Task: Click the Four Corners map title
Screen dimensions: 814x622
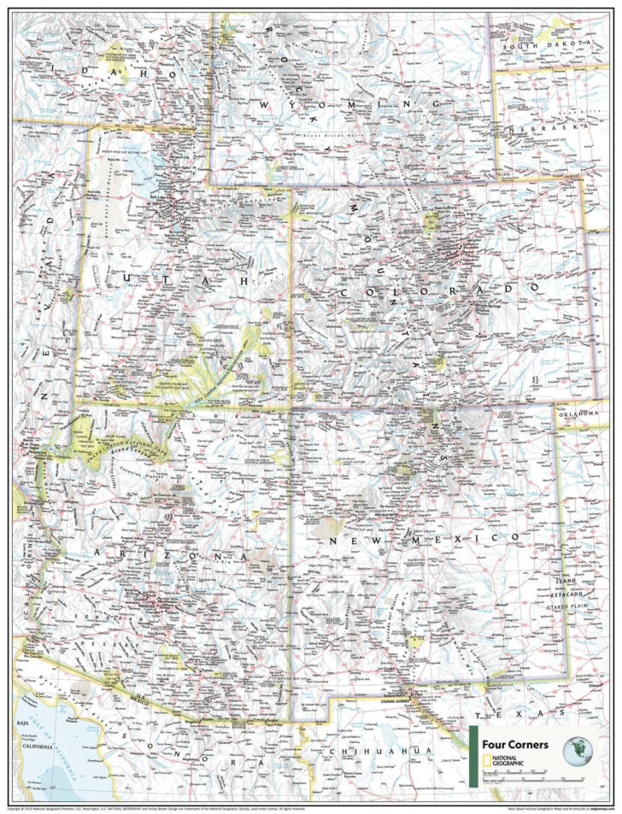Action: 512,743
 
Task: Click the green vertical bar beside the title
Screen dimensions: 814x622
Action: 472,755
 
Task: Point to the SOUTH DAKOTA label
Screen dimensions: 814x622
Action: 547,41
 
